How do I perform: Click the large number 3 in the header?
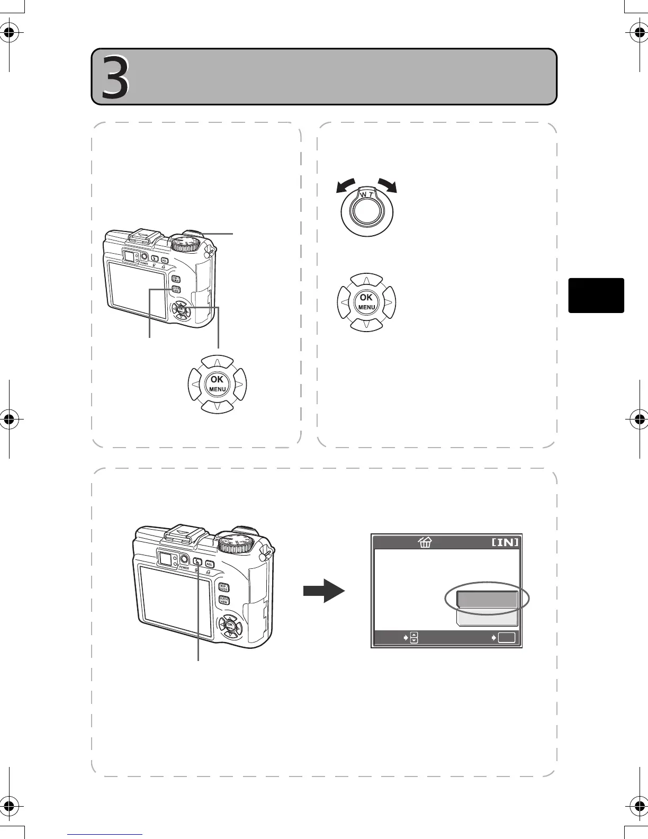(115, 77)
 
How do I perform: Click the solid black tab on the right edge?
(596, 295)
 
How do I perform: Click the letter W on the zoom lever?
(363, 195)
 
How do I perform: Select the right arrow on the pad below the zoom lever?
(389, 302)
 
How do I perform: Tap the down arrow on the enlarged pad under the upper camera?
(218, 406)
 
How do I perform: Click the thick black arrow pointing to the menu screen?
(323, 590)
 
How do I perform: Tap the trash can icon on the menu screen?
(425, 542)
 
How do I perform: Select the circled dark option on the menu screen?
(487, 599)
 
